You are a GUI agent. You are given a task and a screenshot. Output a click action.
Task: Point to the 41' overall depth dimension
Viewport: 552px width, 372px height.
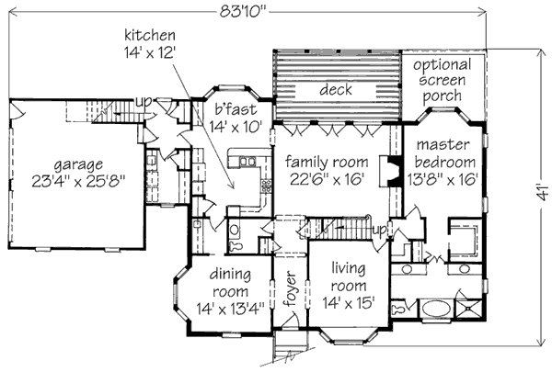coord(543,192)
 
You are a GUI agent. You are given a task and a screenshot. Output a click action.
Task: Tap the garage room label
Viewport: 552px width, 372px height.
coord(78,164)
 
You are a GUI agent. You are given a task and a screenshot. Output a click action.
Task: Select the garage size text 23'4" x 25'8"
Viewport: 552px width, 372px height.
coord(78,181)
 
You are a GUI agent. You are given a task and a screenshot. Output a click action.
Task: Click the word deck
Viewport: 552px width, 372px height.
coord(336,89)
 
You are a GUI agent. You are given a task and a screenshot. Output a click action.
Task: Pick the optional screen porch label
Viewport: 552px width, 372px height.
coord(443,80)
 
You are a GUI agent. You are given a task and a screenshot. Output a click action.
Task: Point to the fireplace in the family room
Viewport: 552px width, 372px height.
coord(390,171)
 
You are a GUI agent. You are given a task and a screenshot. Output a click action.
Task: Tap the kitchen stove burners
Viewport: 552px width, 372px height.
coord(266,186)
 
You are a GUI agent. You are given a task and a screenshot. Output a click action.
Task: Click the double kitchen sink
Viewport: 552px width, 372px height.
coord(247,161)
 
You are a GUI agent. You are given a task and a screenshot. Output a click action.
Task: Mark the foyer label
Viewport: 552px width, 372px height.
coord(291,288)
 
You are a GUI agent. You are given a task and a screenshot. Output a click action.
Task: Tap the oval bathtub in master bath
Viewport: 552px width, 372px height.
coord(436,310)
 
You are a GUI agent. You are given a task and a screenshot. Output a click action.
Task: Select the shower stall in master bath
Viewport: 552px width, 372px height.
coord(468,309)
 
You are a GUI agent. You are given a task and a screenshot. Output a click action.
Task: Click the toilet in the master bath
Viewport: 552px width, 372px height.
coord(399,310)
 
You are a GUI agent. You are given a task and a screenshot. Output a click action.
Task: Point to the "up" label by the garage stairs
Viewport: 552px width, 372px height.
coord(144,102)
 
